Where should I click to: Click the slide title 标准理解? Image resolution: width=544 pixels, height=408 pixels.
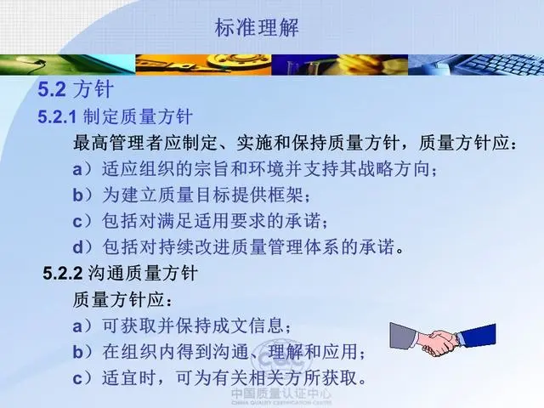[257, 27]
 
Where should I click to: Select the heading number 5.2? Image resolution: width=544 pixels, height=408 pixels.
[52, 89]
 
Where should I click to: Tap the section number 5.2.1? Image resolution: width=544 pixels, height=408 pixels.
[57, 116]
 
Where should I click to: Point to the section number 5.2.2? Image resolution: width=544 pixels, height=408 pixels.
[62, 274]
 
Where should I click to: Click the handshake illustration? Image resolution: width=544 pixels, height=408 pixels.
[443, 338]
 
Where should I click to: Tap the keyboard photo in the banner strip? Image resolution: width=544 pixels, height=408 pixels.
[476, 65]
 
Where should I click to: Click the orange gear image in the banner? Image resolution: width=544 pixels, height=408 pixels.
[203, 65]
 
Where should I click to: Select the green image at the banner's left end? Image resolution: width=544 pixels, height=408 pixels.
[68, 65]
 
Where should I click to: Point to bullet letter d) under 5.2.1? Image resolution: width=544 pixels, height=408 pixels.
[82, 247]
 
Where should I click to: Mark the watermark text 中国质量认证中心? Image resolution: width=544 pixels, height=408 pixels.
[281, 394]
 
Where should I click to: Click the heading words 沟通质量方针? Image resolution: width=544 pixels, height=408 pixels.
[143, 274]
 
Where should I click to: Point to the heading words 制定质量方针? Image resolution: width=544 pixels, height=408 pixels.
[138, 116]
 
